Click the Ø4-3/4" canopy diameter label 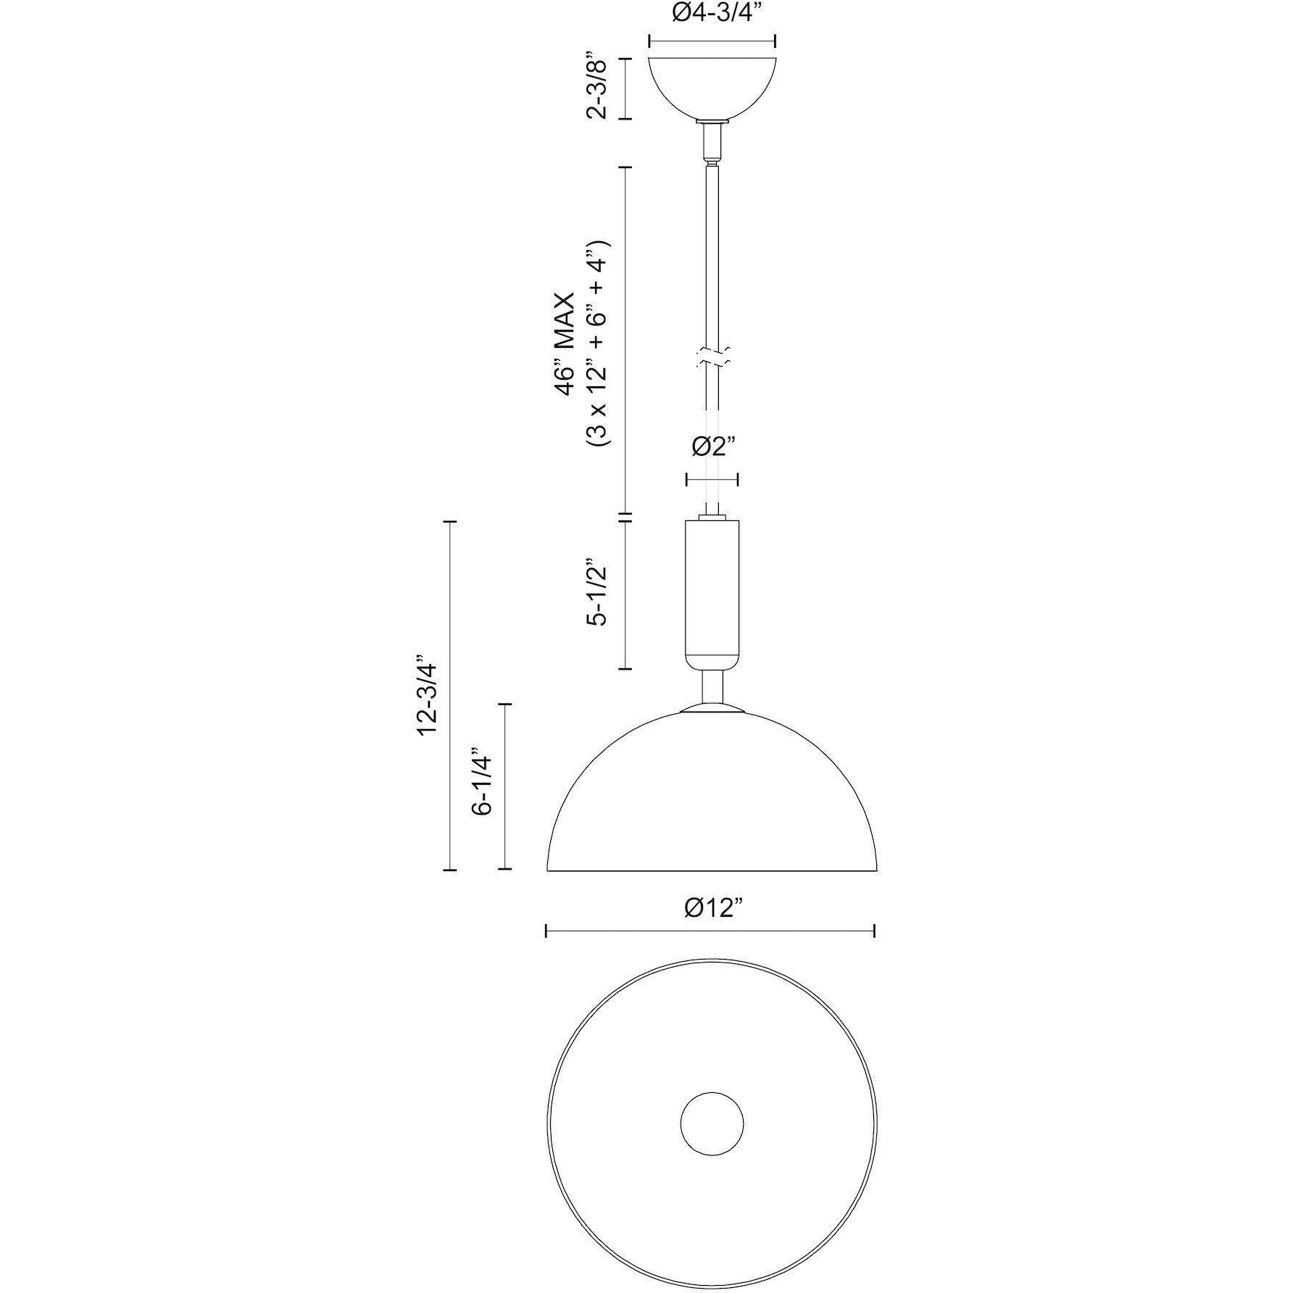[712, 14]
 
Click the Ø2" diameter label [712, 446]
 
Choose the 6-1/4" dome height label [482, 782]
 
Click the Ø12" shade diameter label [713, 907]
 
